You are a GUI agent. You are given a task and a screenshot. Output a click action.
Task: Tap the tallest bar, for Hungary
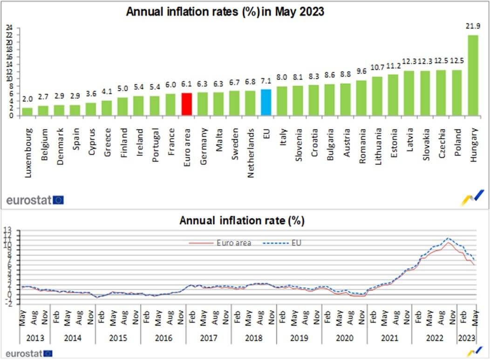(x=473, y=75)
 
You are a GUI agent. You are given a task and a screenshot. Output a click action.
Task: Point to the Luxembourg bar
(x=27, y=112)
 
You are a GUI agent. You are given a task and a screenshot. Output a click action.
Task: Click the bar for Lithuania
(x=377, y=96)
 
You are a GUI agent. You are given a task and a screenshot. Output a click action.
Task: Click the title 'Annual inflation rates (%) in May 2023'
(x=225, y=12)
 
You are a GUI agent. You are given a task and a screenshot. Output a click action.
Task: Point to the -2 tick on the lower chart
(x=12, y=304)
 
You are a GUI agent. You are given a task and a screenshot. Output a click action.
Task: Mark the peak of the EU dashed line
(x=448, y=238)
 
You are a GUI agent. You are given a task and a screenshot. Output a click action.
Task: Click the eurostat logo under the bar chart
(x=35, y=200)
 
